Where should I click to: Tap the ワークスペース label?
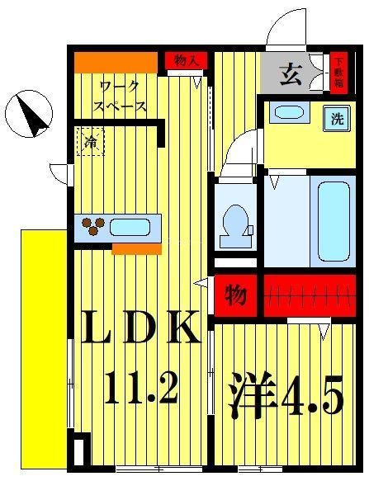[x=121, y=96]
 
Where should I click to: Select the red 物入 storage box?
[x=186, y=60]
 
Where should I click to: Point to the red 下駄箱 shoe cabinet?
[x=339, y=72]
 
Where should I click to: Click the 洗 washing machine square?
[x=337, y=118]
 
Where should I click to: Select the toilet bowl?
[x=236, y=219]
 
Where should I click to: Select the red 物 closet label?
[x=237, y=295]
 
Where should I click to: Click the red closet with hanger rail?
[x=310, y=295]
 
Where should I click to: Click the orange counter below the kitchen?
[x=136, y=249]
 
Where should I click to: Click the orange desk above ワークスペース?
[x=116, y=62]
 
